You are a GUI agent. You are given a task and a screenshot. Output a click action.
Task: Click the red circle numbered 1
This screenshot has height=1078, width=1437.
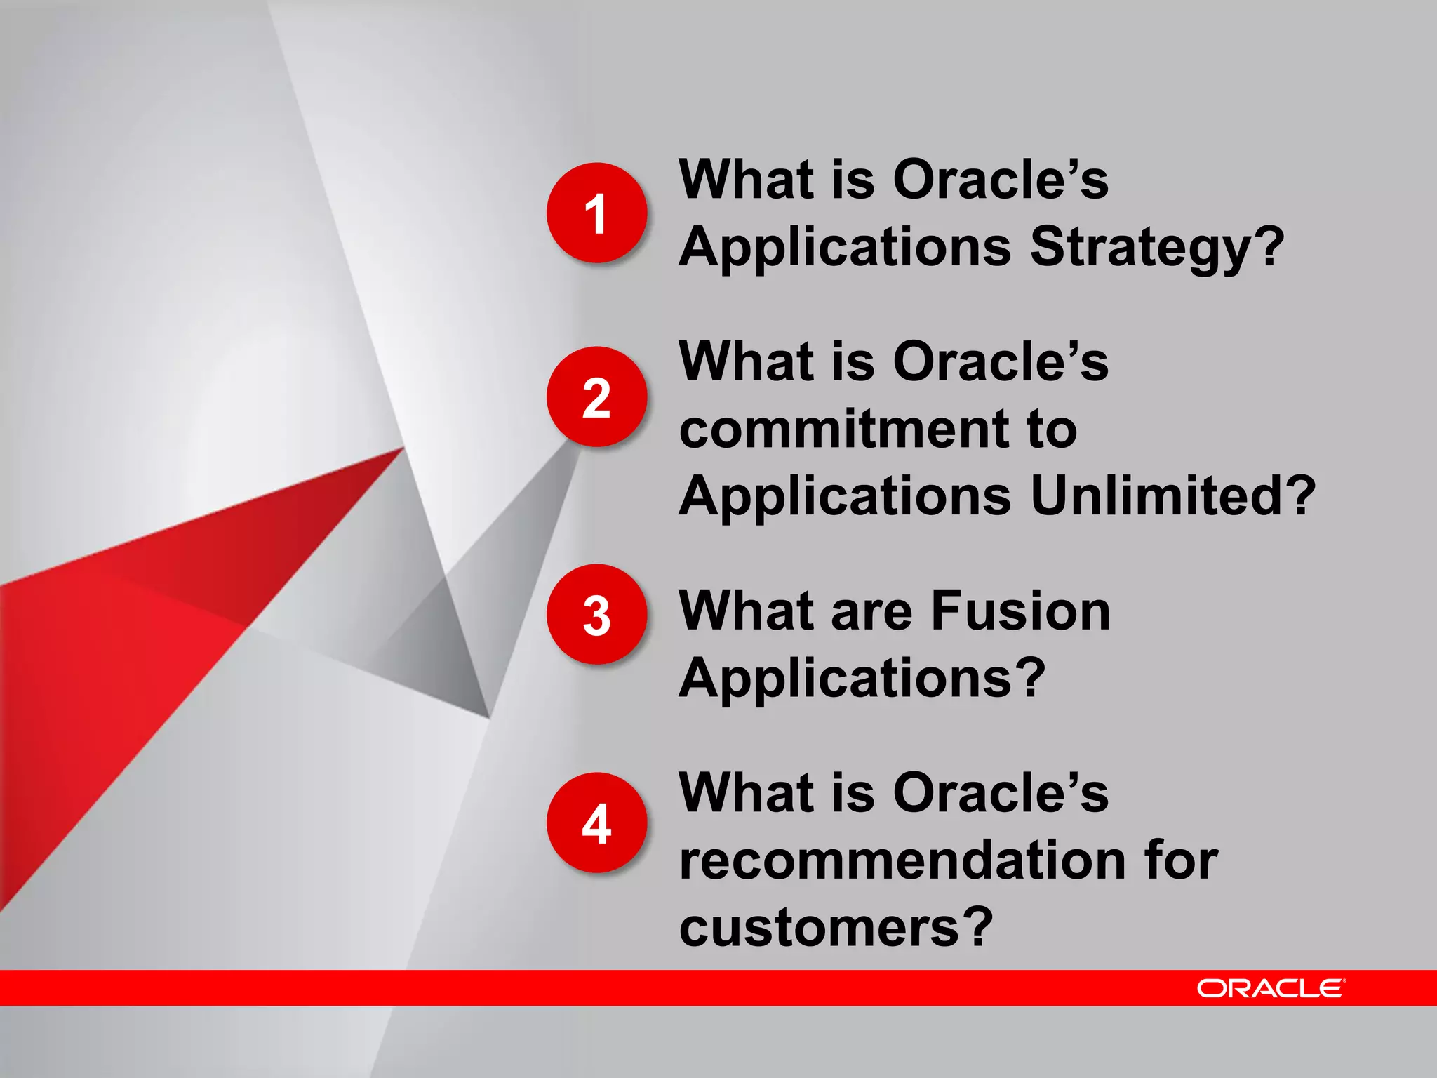[596, 213]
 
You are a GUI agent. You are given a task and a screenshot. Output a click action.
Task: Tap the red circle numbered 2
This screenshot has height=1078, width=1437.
[596, 397]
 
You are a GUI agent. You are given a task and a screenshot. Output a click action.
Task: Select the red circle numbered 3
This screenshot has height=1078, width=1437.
[596, 615]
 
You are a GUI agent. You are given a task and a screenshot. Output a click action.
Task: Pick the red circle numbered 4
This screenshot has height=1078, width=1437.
[596, 823]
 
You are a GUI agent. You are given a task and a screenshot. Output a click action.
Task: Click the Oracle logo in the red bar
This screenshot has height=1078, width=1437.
[1271, 988]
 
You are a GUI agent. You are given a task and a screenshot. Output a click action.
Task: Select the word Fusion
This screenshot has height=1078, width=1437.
[1020, 611]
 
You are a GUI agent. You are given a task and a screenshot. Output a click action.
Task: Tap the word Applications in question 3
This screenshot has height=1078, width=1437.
[845, 678]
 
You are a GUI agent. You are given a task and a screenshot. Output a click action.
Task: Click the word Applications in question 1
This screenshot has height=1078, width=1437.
[845, 247]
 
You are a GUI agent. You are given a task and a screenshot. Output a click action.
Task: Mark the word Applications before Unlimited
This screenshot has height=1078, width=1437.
[845, 495]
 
